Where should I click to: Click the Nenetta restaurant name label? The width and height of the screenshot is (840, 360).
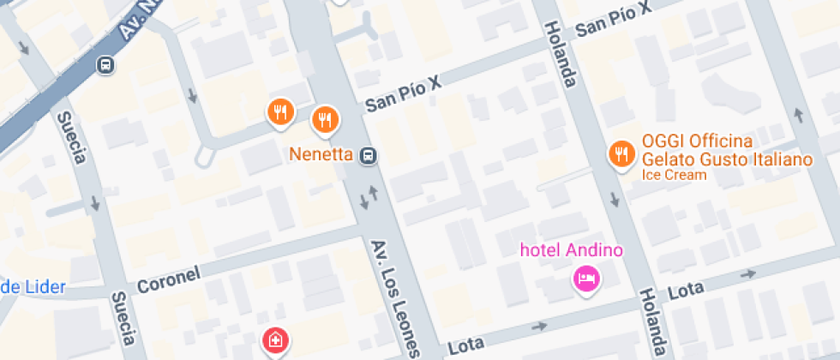(322, 155)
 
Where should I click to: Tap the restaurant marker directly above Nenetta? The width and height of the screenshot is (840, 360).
(324, 120)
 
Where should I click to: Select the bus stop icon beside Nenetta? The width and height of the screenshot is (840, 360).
(369, 155)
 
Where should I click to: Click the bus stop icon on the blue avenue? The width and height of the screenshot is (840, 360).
(105, 64)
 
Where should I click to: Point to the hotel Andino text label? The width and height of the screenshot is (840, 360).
(573, 251)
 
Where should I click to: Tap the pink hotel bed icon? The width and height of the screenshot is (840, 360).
(586, 278)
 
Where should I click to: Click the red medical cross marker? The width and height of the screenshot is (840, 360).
(274, 340)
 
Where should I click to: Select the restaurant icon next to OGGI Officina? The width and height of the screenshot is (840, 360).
(620, 153)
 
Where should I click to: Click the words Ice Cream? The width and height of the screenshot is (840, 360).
(674, 175)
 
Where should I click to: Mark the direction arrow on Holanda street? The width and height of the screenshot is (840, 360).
(615, 201)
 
